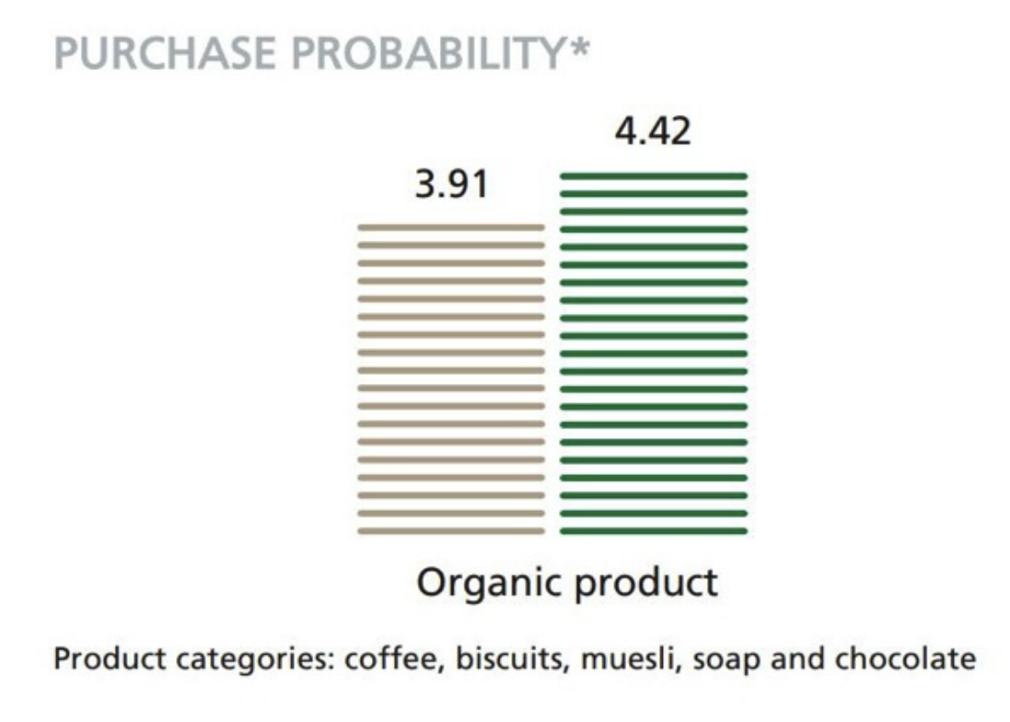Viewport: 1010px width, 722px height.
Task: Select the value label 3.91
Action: [x=452, y=184]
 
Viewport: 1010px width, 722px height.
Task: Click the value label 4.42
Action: [x=653, y=131]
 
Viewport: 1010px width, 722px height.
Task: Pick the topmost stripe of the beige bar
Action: [x=451, y=228]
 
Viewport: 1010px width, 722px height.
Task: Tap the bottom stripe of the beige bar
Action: [x=451, y=531]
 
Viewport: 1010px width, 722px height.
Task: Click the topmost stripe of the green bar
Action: [x=654, y=176]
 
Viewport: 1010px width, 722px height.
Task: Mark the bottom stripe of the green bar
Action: [x=654, y=531]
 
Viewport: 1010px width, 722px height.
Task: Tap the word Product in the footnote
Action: [x=109, y=660]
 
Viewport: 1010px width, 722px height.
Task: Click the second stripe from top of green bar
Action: [x=654, y=194]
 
